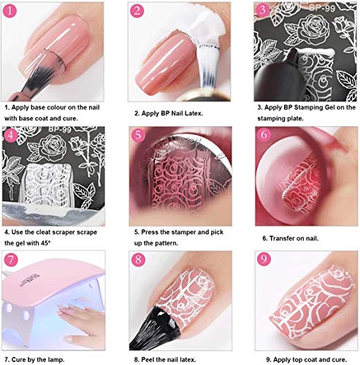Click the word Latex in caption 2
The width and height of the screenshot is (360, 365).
[191, 113]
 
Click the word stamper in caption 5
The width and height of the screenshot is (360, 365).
[182, 230]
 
